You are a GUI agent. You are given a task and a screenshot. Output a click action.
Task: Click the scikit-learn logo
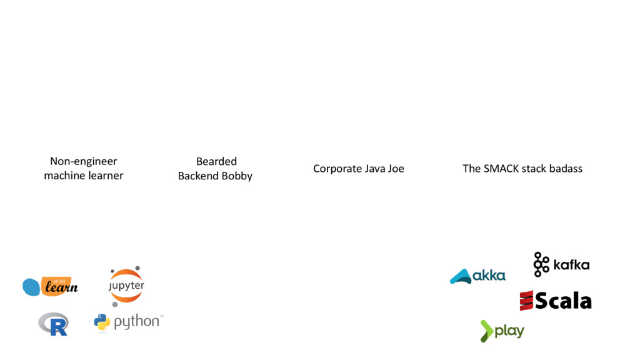click(x=50, y=286)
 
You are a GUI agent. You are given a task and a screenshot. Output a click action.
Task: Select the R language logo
click(x=53, y=324)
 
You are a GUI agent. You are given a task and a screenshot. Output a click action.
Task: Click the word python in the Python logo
click(x=136, y=322)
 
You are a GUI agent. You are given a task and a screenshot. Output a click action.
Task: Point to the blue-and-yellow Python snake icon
click(x=102, y=322)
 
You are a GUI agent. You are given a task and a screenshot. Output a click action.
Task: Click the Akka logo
click(x=477, y=276)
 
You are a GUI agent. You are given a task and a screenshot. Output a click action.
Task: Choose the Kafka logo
click(x=561, y=264)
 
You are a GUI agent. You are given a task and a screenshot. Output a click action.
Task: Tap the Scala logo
click(x=555, y=301)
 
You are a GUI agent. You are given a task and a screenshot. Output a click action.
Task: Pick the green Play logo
click(x=502, y=331)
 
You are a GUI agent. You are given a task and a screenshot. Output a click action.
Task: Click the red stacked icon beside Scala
click(x=526, y=301)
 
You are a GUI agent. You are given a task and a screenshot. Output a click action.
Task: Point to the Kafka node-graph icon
click(x=541, y=264)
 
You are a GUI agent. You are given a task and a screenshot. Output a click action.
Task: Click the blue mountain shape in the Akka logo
click(x=461, y=276)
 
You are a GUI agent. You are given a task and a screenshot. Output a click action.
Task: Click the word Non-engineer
click(x=84, y=161)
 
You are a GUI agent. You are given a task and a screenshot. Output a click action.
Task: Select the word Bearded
click(x=216, y=161)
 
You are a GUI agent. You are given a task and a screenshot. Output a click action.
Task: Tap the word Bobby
click(x=237, y=176)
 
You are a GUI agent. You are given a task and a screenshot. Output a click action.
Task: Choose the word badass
click(x=565, y=169)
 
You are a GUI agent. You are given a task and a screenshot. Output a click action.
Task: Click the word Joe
click(x=395, y=169)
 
